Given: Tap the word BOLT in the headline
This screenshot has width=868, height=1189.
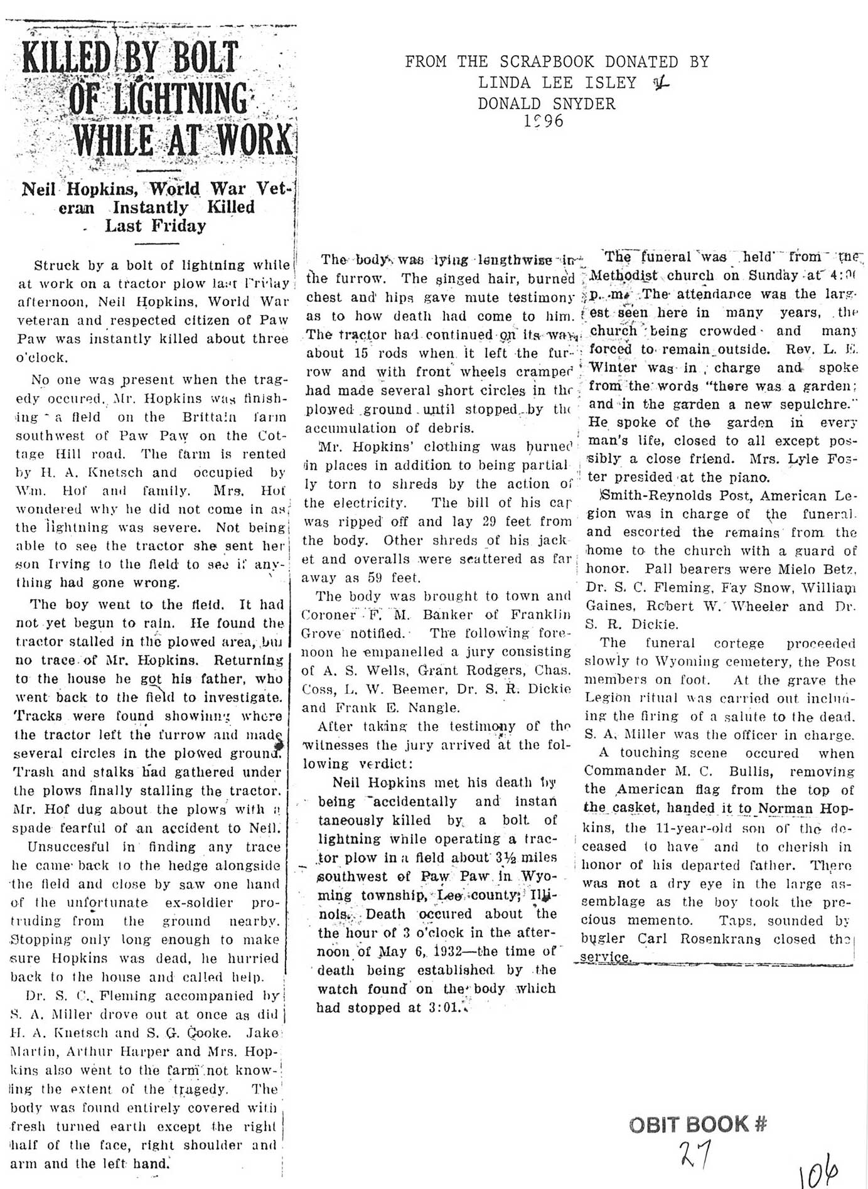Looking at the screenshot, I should (x=205, y=58).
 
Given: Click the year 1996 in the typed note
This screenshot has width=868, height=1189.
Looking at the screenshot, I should (x=544, y=120).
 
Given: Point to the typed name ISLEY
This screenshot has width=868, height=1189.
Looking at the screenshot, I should (x=611, y=82).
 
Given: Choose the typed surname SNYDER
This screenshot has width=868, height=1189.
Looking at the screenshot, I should (x=584, y=103).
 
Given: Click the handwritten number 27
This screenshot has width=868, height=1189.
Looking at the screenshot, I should (x=694, y=1152).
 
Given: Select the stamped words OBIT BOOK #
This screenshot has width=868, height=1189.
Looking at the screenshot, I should (x=698, y=1124).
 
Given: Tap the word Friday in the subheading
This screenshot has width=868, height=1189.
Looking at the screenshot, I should (x=179, y=226).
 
